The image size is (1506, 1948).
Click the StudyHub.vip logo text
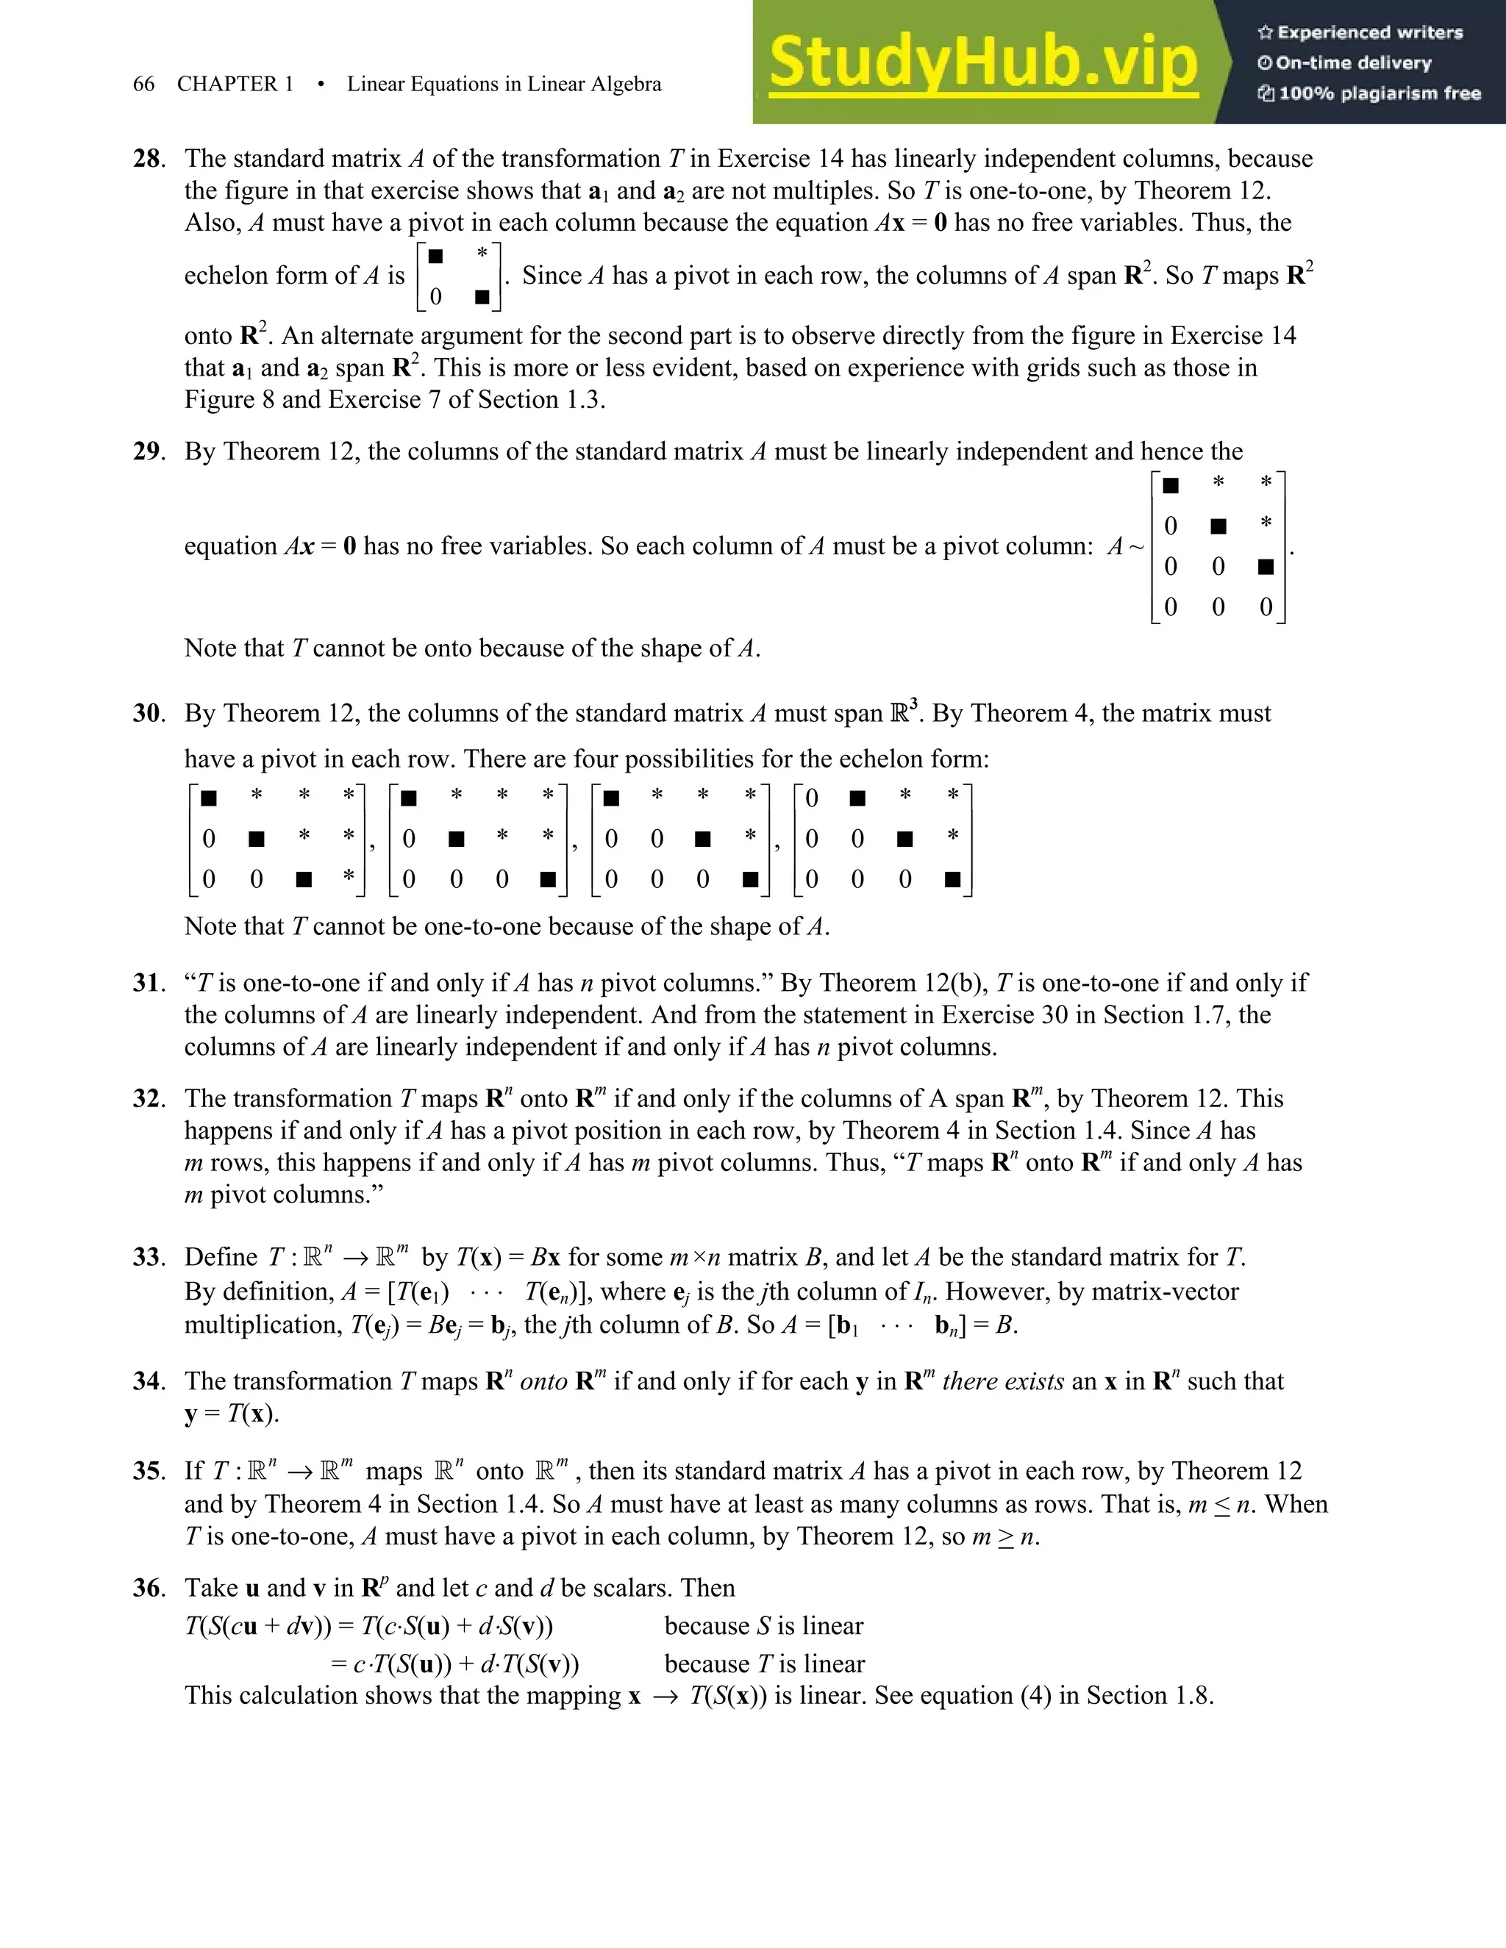982,62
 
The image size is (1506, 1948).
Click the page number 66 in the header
143,85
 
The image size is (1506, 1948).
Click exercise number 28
148,159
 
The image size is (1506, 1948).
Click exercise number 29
148,451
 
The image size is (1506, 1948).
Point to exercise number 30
148,714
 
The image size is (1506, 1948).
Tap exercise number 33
148,1258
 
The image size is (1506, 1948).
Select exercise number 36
148,1589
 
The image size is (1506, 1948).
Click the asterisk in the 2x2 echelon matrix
482,254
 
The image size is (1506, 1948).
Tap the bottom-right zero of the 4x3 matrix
1265,607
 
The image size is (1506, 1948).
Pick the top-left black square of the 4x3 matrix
1171,485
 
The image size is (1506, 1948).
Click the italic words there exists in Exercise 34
1003,1382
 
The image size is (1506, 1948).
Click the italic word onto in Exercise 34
543,1382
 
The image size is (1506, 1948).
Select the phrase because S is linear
764,1626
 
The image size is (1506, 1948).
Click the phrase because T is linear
765,1664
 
